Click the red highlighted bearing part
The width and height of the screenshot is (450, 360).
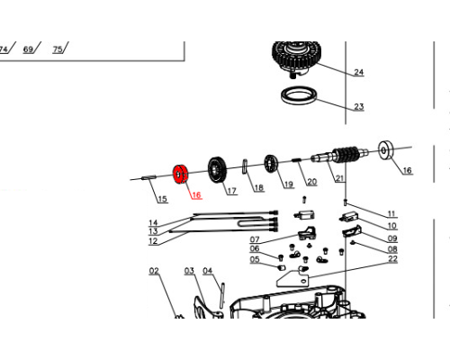[x=180, y=175]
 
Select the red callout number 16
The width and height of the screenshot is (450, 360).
[x=196, y=195]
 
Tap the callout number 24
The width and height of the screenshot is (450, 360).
[x=359, y=72]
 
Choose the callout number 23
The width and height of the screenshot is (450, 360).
[x=359, y=106]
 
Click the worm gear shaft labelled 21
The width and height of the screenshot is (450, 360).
[x=340, y=155]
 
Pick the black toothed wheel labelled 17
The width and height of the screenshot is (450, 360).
[x=218, y=170]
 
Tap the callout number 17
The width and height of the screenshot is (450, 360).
[x=231, y=191]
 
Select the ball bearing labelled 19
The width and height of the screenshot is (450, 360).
[x=272, y=164]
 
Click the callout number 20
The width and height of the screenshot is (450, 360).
[x=311, y=182]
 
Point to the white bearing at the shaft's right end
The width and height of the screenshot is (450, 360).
[x=387, y=150]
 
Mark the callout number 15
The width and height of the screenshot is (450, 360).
[x=162, y=199]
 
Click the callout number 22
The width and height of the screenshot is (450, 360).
[x=392, y=258]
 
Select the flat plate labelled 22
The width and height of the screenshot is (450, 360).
[x=292, y=278]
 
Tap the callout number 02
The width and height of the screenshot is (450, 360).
[x=154, y=271]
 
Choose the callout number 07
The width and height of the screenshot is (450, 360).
[x=255, y=239]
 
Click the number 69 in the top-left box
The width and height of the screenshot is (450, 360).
[x=28, y=49]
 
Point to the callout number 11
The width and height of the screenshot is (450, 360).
[x=391, y=213]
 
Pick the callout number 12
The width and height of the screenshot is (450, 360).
[x=153, y=241]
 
